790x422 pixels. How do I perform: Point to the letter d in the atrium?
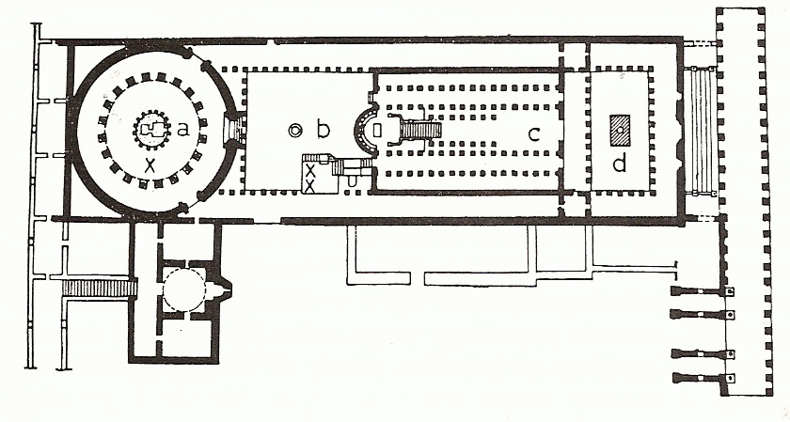[x=618, y=164]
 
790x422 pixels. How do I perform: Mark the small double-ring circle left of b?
[x=295, y=131]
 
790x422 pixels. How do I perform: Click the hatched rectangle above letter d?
[x=620, y=127]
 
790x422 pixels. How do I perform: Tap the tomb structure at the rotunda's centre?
[x=150, y=130]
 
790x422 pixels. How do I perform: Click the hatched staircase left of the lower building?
[x=100, y=287]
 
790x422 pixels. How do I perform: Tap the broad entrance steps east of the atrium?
[x=700, y=130]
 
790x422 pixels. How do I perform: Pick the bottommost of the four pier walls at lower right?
[x=700, y=378]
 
